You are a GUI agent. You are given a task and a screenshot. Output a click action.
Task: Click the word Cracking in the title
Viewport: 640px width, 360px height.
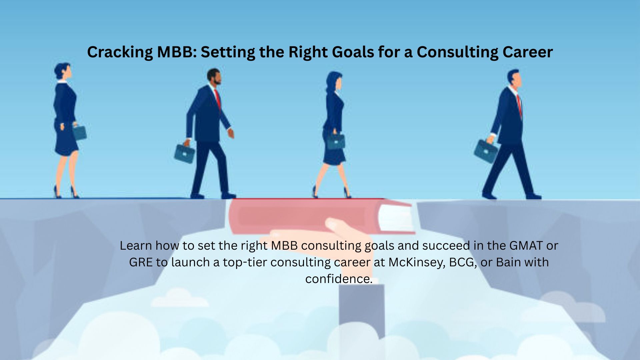[x=119, y=52]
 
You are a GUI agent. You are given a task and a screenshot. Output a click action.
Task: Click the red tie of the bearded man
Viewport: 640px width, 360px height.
[x=218, y=99]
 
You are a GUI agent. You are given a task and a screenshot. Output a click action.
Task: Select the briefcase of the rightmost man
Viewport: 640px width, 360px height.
[x=485, y=151]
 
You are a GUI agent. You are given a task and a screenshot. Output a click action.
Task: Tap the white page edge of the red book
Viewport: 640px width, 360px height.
[x=395, y=217]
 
